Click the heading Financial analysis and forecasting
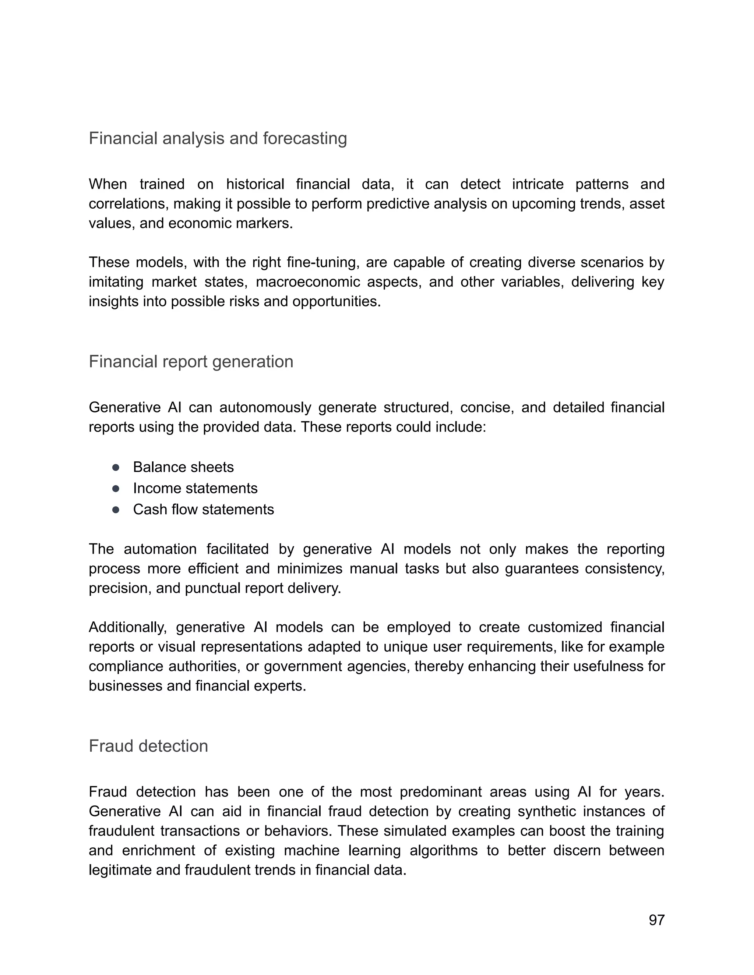click(218, 138)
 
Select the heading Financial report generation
click(191, 362)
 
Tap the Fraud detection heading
click(148, 746)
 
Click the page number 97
click(656, 920)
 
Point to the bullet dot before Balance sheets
click(116, 467)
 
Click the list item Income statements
click(195, 488)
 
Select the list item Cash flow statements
click(203, 509)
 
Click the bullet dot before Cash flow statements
click(116, 510)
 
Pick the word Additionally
click(127, 627)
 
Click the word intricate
click(538, 184)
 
